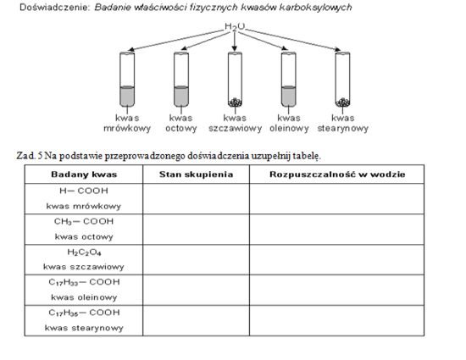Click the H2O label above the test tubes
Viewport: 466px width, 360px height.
pyautogui.click(x=235, y=27)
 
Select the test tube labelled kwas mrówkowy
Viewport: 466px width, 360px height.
pyautogui.click(x=127, y=80)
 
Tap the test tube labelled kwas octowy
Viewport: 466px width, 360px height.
pyautogui.click(x=181, y=80)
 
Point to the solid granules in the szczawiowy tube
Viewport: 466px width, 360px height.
pyautogui.click(x=235, y=102)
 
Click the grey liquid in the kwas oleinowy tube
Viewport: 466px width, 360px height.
pyautogui.click(x=289, y=96)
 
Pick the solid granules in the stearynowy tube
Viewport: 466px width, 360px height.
pyautogui.click(x=342, y=102)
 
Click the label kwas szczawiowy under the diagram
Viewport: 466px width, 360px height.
pyautogui.click(x=235, y=124)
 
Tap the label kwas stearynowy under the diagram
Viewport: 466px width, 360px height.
pyautogui.click(x=342, y=124)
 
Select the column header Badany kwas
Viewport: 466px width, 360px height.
pyautogui.click(x=84, y=174)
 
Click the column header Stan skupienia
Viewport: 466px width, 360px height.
pyautogui.click(x=197, y=174)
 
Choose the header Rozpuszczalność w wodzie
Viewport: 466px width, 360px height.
pyautogui.click(x=337, y=174)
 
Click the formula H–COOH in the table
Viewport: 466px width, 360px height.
pyautogui.click(x=84, y=191)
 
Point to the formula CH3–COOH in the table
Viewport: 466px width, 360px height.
pyautogui.click(x=84, y=222)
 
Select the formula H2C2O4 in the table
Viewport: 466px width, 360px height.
pyautogui.click(x=84, y=252)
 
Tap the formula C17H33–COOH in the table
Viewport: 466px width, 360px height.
pyautogui.click(x=84, y=282)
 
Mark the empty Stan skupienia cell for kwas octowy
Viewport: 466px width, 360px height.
pyautogui.click(x=197, y=230)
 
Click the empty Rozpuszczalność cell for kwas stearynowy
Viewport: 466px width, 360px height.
pyautogui.click(x=337, y=321)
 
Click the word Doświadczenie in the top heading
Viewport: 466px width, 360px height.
pyautogui.click(x=54, y=8)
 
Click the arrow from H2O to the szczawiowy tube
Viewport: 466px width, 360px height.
pyautogui.click(x=235, y=42)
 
